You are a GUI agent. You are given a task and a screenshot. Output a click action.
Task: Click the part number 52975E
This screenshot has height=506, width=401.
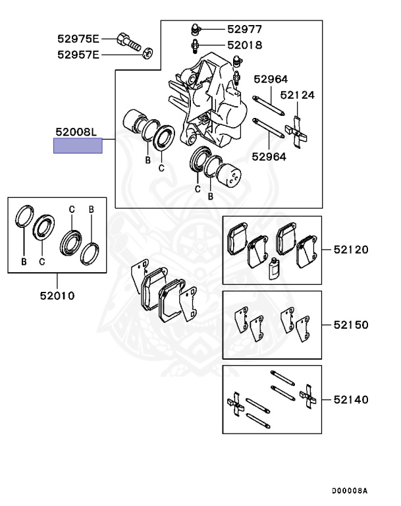tap(78, 38)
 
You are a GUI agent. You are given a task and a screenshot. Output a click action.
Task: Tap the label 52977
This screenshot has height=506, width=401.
tap(244, 29)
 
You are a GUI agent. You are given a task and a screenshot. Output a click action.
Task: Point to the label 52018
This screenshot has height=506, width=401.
tap(244, 45)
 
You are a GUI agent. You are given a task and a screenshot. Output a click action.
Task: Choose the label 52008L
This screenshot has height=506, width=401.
tap(76, 132)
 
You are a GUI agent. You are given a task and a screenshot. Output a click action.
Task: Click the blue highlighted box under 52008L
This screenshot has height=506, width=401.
tap(78, 146)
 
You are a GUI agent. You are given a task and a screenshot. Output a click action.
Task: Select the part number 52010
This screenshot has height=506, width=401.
tap(56, 295)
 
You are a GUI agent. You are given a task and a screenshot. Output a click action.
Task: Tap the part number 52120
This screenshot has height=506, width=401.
tap(350, 250)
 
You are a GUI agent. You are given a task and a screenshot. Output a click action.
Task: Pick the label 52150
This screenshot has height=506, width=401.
tap(350, 325)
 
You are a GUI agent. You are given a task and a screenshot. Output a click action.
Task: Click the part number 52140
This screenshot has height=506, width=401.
tap(350, 399)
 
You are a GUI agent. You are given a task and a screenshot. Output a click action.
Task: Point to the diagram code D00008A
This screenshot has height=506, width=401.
tap(349, 491)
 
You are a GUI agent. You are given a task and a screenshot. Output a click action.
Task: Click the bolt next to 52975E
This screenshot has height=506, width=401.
tap(128, 41)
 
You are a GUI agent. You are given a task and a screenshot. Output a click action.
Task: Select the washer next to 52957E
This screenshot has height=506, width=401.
tap(147, 54)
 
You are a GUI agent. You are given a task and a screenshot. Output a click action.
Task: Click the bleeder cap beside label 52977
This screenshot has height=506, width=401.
tap(195, 28)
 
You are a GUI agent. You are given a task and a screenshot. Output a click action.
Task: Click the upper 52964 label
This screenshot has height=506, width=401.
tap(270, 79)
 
